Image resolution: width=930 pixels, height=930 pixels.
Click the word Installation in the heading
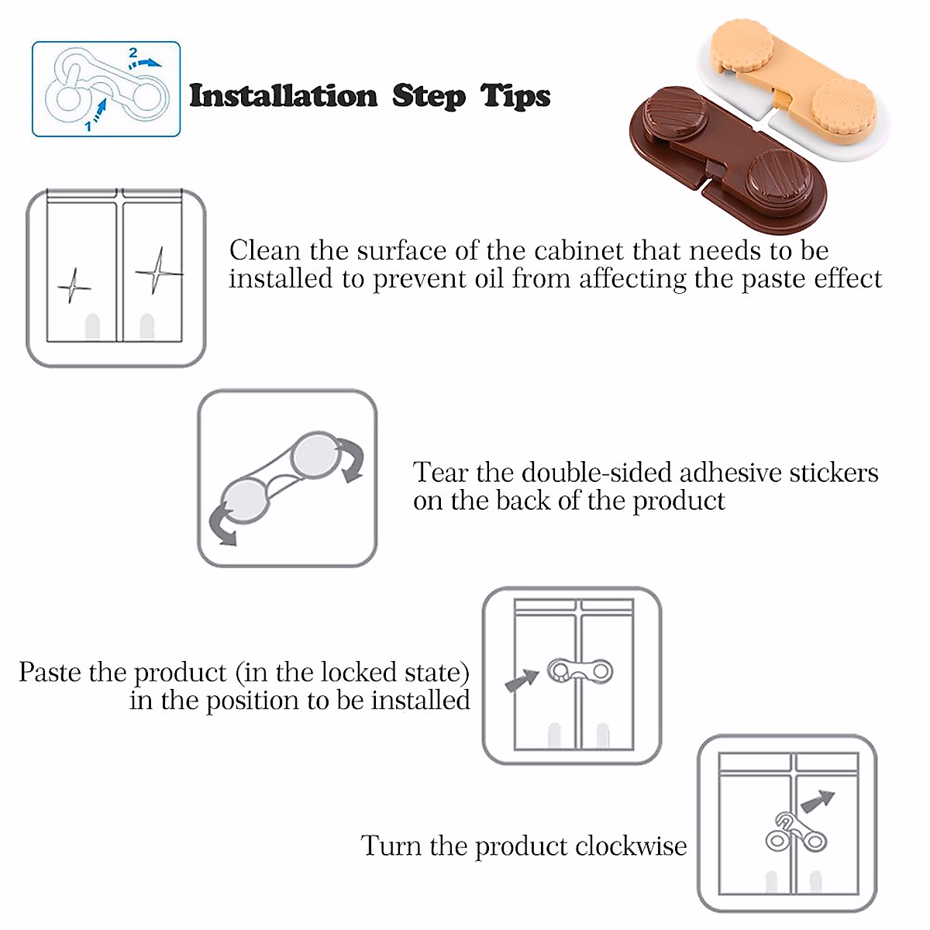click(283, 96)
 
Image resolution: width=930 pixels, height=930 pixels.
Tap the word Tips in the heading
click(515, 96)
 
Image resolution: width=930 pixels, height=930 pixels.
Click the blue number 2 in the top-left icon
click(133, 53)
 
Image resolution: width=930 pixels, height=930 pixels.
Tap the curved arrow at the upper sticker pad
click(353, 460)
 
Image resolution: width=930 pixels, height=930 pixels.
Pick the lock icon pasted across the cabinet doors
click(580, 670)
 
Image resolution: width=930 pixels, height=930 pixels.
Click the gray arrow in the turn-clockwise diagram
click(818, 801)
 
